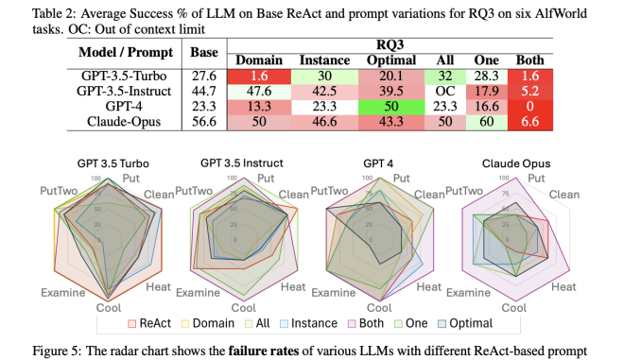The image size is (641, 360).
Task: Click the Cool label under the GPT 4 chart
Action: click(x=379, y=308)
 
